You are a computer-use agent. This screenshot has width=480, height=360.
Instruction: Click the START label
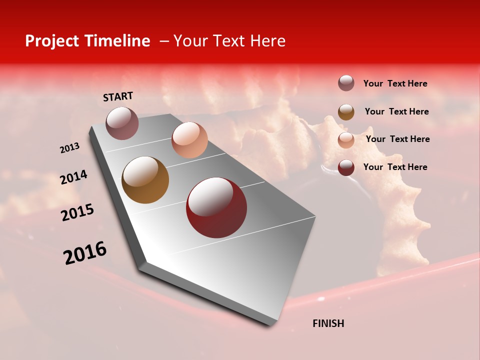(x=118, y=96)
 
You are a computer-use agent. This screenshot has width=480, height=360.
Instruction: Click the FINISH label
(x=328, y=323)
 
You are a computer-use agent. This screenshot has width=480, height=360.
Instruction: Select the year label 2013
(x=70, y=148)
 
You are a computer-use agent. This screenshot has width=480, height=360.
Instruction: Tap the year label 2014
(x=74, y=177)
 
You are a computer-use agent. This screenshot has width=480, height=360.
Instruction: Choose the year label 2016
(x=85, y=253)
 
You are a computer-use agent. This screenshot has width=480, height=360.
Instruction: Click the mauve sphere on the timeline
(x=122, y=123)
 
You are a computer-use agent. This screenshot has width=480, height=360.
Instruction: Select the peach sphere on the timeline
(x=189, y=140)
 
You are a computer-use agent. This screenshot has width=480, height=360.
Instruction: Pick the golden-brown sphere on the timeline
(x=145, y=180)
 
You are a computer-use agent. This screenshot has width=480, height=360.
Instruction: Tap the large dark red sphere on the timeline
(x=216, y=207)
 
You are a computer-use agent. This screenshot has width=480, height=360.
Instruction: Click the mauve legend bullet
(x=346, y=83)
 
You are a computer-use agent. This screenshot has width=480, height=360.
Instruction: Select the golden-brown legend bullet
(x=346, y=111)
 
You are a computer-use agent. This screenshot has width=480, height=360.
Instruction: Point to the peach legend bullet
(x=346, y=139)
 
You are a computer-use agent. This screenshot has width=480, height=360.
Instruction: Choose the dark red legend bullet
(x=346, y=167)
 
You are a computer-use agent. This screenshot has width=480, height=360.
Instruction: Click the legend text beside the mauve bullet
(x=395, y=83)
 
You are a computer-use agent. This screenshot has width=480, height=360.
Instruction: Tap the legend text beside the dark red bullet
(x=395, y=167)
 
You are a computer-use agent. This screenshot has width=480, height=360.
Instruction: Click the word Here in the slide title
(x=267, y=41)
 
